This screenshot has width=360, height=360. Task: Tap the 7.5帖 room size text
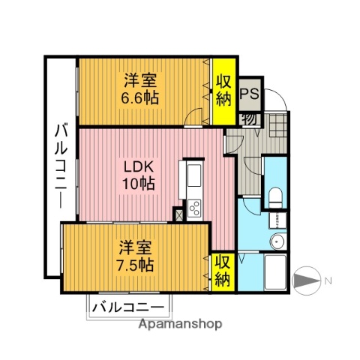pyautogui.click(x=136, y=265)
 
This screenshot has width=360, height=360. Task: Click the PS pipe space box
pyautogui.click(x=250, y=95)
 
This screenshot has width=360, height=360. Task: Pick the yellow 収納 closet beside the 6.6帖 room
pyautogui.click(x=222, y=91)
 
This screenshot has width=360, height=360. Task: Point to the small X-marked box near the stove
pyautogui.click(x=178, y=214)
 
